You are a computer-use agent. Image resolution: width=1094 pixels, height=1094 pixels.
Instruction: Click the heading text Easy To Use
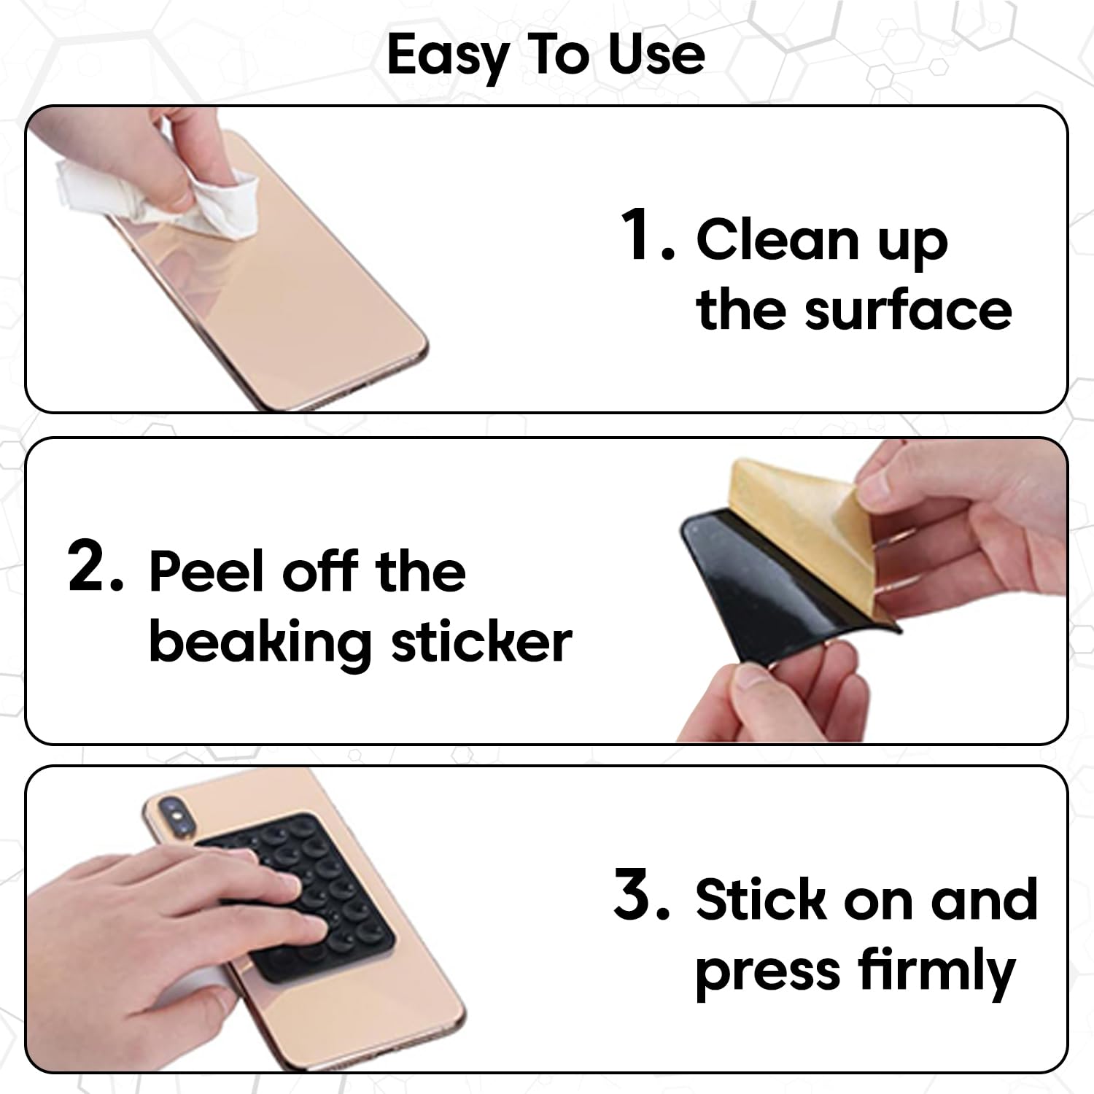[x=546, y=55]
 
